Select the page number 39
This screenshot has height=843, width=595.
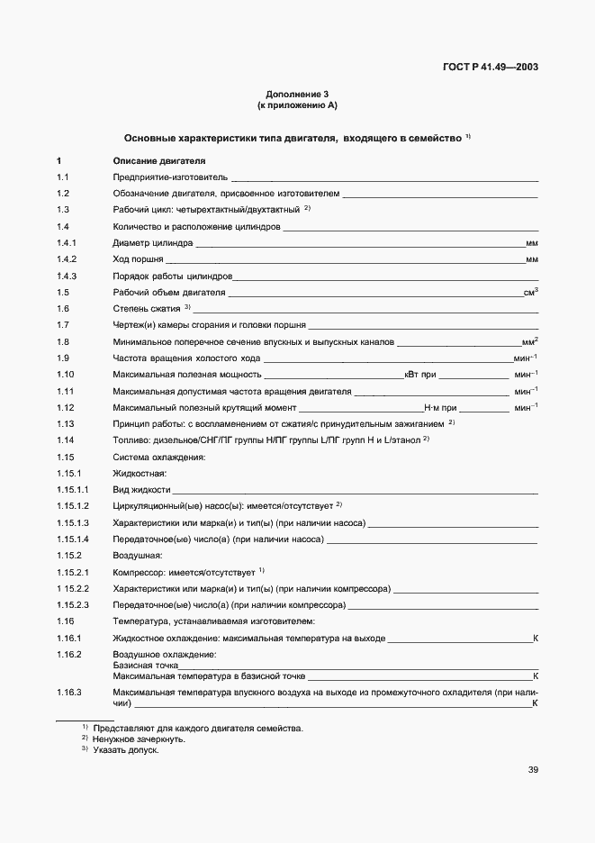533,769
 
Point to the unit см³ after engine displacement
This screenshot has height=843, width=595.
530,292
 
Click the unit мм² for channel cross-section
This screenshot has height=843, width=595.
529,341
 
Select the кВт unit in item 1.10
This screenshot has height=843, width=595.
412,374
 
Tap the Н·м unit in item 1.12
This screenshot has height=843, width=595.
432,407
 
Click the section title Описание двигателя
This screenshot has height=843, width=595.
146,161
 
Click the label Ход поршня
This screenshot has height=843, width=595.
138,259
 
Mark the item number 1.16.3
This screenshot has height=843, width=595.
68,692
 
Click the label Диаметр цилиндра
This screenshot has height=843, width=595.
152,243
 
